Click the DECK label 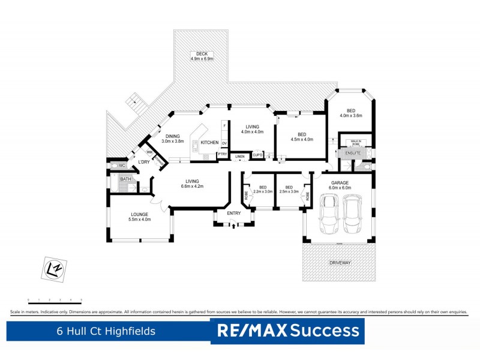point(202,56)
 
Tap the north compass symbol point(53,268)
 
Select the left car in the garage point(329,215)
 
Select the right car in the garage point(353,215)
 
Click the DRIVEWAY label point(339,263)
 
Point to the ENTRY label point(233,213)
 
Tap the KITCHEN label point(209,142)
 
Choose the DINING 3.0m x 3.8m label point(174,138)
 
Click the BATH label point(125,179)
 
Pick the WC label point(121,165)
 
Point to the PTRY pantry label point(222,155)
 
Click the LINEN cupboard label point(239,157)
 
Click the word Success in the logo point(326,331)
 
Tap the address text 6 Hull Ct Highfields point(106,331)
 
